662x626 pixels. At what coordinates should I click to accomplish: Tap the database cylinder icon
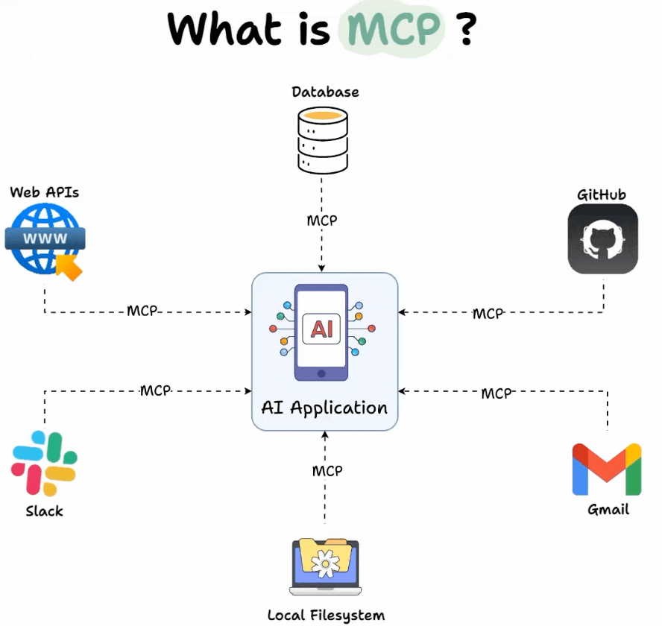click(322, 139)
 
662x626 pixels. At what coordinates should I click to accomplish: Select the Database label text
click(325, 92)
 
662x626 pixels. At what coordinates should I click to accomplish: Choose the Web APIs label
click(45, 192)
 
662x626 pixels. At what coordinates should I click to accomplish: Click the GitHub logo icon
click(602, 239)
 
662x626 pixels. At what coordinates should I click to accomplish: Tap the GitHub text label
click(602, 195)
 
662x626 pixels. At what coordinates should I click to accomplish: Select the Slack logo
click(44, 463)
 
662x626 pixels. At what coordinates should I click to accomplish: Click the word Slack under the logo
click(44, 511)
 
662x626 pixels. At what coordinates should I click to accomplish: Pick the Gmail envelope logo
click(607, 469)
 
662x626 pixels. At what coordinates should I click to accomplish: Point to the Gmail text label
click(608, 510)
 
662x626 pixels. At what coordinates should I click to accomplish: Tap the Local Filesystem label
click(326, 616)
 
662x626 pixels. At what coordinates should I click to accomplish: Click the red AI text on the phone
click(321, 329)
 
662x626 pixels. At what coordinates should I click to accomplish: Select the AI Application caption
click(324, 408)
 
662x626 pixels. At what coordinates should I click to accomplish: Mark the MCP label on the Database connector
click(322, 221)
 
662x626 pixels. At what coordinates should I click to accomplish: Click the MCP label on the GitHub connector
click(488, 314)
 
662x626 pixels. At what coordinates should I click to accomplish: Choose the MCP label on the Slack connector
click(156, 390)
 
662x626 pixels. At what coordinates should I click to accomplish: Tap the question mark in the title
click(466, 31)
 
